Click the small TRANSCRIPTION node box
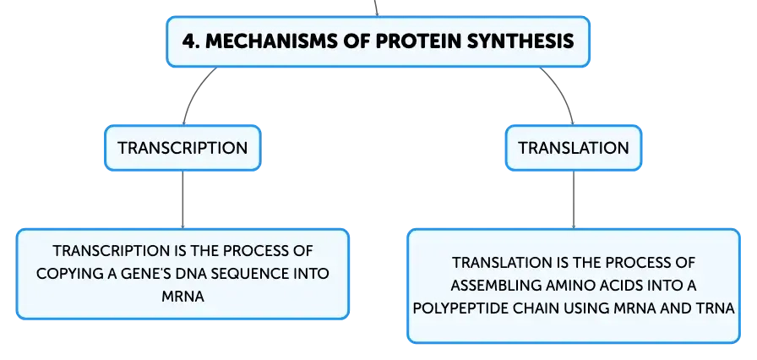coord(183,148)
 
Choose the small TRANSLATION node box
coord(574,148)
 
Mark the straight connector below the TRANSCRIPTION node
coord(183,199)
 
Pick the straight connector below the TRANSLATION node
coord(574,199)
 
